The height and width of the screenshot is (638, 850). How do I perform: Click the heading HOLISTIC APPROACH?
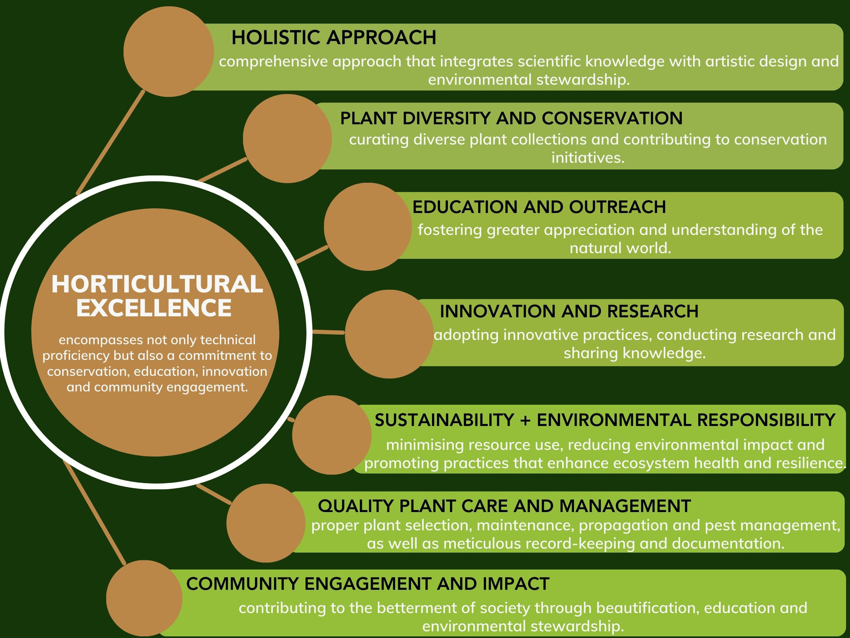click(x=334, y=38)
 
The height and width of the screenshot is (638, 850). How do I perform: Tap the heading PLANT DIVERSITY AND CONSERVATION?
click(x=511, y=118)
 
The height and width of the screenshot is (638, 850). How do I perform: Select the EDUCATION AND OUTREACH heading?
click(x=539, y=207)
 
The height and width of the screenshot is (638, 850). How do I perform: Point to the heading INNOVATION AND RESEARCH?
click(x=569, y=311)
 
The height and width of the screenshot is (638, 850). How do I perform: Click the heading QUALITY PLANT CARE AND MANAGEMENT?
click(x=505, y=506)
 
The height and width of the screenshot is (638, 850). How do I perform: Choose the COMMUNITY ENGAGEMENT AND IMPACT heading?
click(x=368, y=584)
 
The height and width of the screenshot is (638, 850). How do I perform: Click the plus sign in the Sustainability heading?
click(x=525, y=420)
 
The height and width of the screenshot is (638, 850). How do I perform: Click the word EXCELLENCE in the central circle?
click(x=154, y=308)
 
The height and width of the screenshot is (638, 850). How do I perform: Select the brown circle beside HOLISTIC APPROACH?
click(x=169, y=52)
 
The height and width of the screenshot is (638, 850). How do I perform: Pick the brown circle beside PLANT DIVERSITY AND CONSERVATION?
click(x=288, y=139)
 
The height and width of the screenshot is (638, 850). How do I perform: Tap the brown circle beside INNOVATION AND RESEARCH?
click(x=389, y=334)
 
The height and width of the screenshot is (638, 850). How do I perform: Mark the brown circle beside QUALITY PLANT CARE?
click(x=266, y=523)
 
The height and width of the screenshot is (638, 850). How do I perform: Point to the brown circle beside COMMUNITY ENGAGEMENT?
click(x=144, y=598)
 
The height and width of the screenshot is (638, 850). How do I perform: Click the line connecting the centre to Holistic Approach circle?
click(x=111, y=142)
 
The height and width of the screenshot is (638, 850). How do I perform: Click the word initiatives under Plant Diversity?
click(x=588, y=158)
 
